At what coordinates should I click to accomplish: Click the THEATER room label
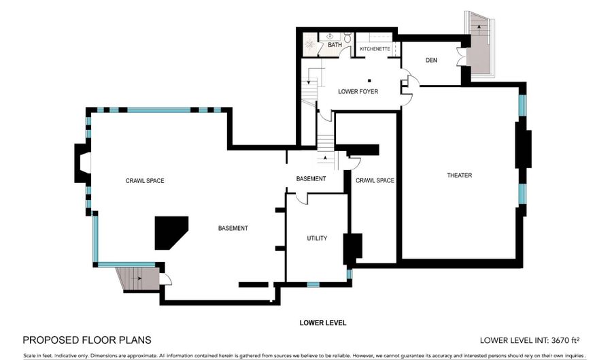pyautogui.click(x=459, y=176)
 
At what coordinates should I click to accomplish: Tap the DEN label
pyautogui.click(x=430, y=61)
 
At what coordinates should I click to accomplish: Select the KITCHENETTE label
pyautogui.click(x=375, y=50)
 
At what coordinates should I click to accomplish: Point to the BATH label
pyautogui.click(x=335, y=46)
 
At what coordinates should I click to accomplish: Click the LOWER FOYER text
pyautogui.click(x=358, y=91)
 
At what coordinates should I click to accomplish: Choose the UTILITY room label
pyautogui.click(x=317, y=238)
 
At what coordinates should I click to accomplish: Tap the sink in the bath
pyautogui.click(x=330, y=35)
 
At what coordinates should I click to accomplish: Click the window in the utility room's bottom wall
pyautogui.click(x=313, y=283)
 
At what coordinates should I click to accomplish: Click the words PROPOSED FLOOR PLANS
pyautogui.click(x=87, y=340)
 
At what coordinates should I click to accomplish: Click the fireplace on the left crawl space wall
pyautogui.click(x=82, y=163)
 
